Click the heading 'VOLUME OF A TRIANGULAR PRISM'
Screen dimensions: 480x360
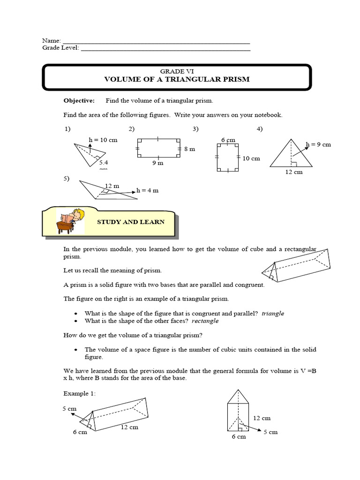(x=176, y=79)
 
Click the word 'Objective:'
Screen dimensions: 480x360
(x=79, y=100)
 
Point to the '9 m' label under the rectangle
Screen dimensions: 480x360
(x=157, y=163)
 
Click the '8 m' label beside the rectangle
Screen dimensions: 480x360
(x=189, y=149)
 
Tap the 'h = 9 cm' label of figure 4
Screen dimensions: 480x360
(x=318, y=144)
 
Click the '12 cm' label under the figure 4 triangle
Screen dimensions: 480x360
(x=294, y=172)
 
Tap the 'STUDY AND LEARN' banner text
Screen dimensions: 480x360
(x=130, y=222)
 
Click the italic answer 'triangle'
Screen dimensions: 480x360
(x=273, y=314)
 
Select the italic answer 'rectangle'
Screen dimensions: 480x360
(x=205, y=321)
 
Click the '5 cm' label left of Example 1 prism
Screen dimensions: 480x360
(x=69, y=409)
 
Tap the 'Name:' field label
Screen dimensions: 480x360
(x=52, y=41)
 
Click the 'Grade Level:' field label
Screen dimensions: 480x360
(x=61, y=48)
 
